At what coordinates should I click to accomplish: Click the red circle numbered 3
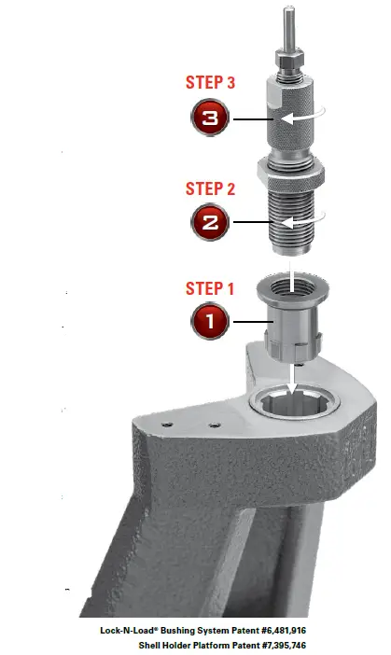point(209,119)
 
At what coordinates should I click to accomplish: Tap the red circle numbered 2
point(209,223)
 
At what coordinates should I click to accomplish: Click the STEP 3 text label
point(210,83)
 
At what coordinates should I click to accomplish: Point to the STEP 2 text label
point(210,188)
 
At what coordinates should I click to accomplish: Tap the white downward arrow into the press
point(292,378)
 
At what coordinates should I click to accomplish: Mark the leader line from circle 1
point(245,322)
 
